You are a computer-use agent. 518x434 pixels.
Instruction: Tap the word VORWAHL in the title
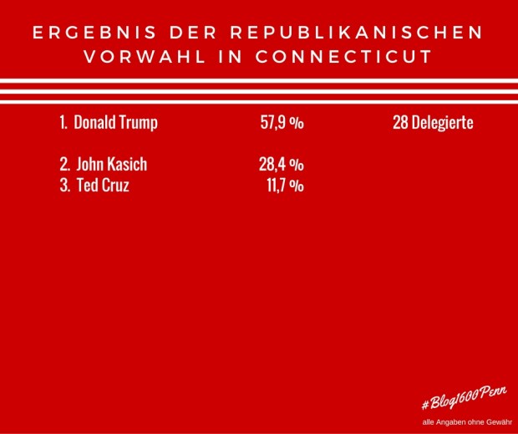pyautogui.click(x=138, y=58)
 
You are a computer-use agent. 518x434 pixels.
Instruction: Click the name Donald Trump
pyautogui.click(x=115, y=123)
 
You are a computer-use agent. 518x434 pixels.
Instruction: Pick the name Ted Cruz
pyautogui.click(x=102, y=185)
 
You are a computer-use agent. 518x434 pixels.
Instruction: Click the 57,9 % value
pyautogui.click(x=282, y=123)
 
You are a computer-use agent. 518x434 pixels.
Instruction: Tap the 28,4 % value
pyautogui.click(x=281, y=164)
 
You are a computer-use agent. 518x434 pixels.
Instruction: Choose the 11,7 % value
pyautogui.click(x=284, y=185)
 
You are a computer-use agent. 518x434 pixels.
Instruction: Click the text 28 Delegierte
pyautogui.click(x=433, y=123)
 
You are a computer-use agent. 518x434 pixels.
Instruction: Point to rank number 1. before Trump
pyautogui.click(x=63, y=123)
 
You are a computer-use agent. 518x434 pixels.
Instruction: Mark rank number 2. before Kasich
pyautogui.click(x=64, y=164)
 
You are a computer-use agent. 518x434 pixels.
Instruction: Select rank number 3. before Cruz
pyautogui.click(x=64, y=185)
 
